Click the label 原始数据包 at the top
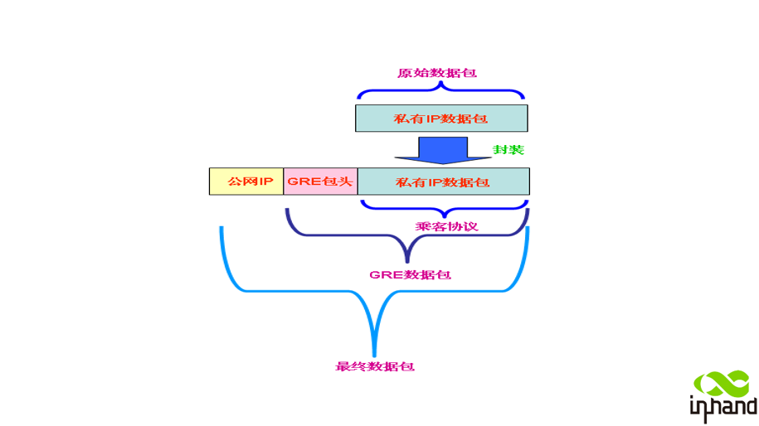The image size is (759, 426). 437,73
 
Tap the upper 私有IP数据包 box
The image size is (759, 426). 441,118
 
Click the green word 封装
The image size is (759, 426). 508,150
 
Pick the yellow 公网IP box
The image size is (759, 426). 246,181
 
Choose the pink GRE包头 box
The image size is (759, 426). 320,181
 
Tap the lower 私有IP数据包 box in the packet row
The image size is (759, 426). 443,182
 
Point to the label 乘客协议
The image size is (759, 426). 446,225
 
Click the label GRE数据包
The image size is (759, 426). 410,274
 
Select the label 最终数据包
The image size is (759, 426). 374,365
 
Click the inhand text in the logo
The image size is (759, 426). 723,406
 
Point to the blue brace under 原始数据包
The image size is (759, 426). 440,94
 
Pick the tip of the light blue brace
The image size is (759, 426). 374,352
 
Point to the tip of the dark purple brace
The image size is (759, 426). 407,259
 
